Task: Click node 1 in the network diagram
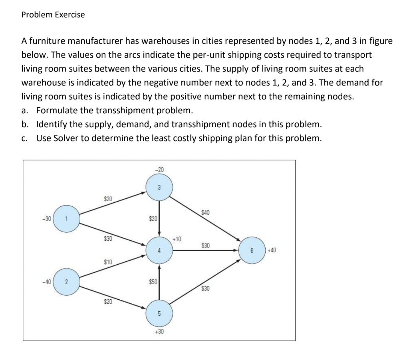[x=67, y=218]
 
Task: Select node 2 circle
[x=66, y=282]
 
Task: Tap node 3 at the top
[x=159, y=187]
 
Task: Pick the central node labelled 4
[x=159, y=250]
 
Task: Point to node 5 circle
[x=159, y=314]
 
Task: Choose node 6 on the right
[x=252, y=250]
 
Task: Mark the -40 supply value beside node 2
[x=47, y=282]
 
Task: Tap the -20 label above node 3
[x=159, y=170]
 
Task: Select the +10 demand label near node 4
[x=177, y=239]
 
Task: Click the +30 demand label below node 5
[x=159, y=331]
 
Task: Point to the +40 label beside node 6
[x=272, y=250]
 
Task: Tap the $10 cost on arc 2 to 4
[x=108, y=262]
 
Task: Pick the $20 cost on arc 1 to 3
[x=108, y=198]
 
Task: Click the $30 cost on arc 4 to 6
[x=205, y=244]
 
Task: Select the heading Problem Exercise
[x=53, y=15]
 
